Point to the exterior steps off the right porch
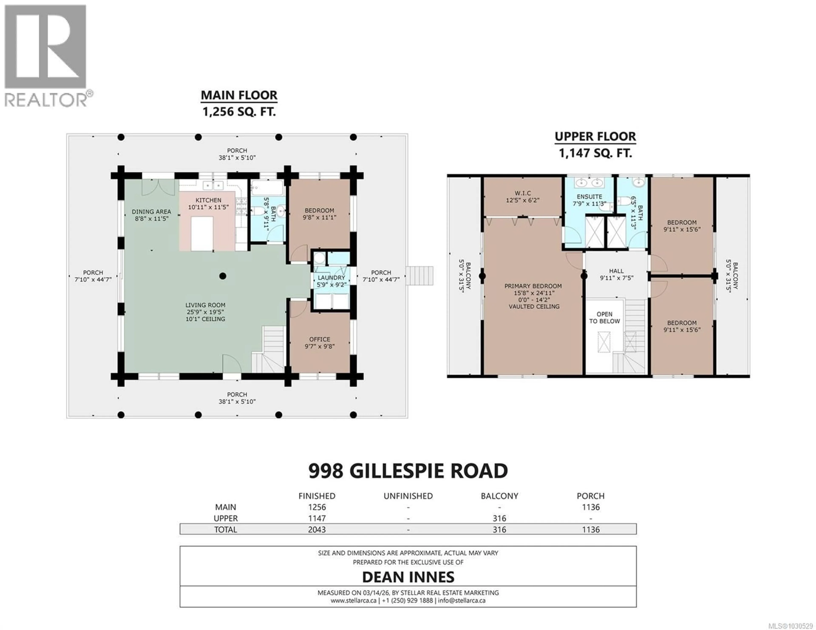tap(420, 276)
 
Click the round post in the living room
tap(223, 276)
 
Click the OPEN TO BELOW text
tap(604, 317)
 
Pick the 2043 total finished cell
tap(317, 530)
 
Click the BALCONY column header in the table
tap(499, 496)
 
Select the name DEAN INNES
tap(408, 577)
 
